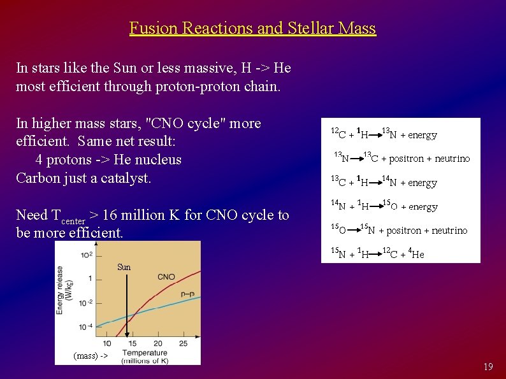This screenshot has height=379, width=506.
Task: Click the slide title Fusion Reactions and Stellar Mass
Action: click(x=252, y=29)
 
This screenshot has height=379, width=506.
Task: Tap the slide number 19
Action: click(x=488, y=366)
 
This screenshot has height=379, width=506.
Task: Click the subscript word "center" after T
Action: click(x=73, y=221)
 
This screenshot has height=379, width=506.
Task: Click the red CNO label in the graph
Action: click(x=166, y=277)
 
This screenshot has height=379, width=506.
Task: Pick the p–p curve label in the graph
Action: click(x=187, y=294)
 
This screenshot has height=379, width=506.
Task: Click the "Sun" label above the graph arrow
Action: click(x=124, y=267)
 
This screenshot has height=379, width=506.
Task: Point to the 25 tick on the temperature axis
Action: click(x=184, y=344)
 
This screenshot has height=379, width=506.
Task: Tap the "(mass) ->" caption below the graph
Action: click(x=90, y=355)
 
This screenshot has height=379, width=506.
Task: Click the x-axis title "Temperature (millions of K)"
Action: click(x=145, y=357)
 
